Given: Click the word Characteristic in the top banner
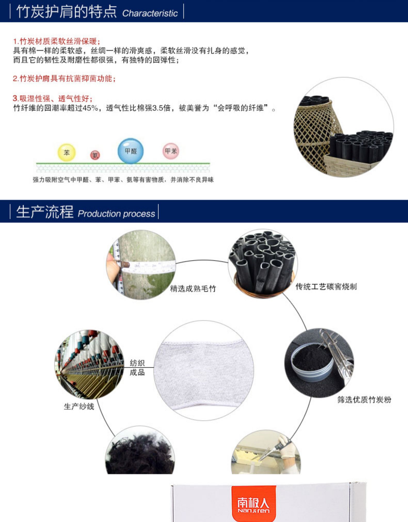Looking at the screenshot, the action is [150, 13].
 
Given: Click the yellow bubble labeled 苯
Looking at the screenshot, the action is [67, 152].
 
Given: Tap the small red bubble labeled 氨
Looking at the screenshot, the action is [95, 155].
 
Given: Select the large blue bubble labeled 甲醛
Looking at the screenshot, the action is [131, 151].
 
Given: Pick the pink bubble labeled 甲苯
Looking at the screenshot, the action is [171, 151].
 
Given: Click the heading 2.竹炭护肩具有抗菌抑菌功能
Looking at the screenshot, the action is [64, 78].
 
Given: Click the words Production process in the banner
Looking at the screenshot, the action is [116, 214].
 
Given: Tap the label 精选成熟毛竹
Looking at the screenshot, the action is [193, 288].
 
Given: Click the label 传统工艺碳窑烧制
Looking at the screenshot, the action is [326, 286].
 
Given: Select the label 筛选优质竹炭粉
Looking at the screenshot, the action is [364, 400].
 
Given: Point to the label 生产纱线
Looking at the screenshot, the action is [79, 407].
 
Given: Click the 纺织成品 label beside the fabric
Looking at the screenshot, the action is [137, 368].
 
